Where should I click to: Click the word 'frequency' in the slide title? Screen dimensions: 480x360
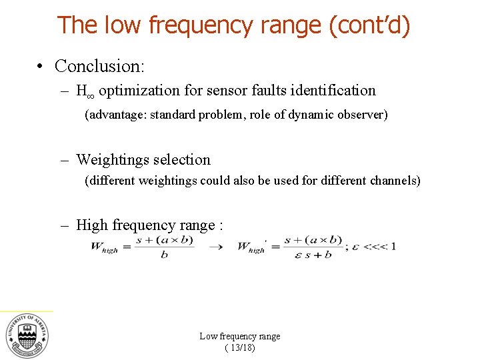(x=201, y=25)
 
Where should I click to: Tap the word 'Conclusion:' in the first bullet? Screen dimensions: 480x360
(x=99, y=66)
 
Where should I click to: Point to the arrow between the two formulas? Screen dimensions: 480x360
(x=215, y=247)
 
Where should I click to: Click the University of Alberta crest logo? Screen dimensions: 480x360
(x=27, y=335)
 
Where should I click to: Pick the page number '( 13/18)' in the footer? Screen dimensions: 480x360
(x=240, y=348)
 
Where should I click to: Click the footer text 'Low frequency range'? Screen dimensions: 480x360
(x=240, y=337)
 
